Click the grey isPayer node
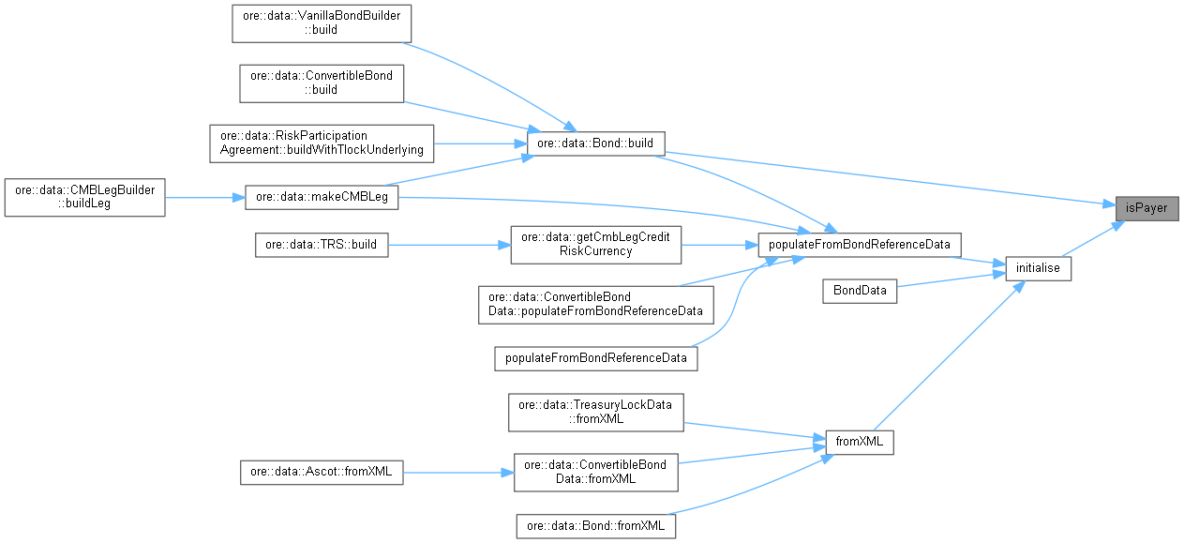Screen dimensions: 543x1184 (1147, 207)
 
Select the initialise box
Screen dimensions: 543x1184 (1038, 267)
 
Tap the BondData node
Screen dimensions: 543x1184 (860, 291)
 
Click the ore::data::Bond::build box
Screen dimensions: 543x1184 (596, 143)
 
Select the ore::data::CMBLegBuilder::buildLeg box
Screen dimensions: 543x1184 (84, 197)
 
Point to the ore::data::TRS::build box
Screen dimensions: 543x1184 (322, 245)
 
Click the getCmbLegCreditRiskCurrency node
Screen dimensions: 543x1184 (595, 245)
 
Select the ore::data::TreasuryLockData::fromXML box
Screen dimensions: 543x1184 (596, 412)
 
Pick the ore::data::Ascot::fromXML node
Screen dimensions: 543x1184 (322, 473)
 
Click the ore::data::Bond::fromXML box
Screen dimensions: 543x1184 (596, 526)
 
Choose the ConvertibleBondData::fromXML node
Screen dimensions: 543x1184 (596, 472)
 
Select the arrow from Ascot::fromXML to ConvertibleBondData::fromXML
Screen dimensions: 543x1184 (457, 473)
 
